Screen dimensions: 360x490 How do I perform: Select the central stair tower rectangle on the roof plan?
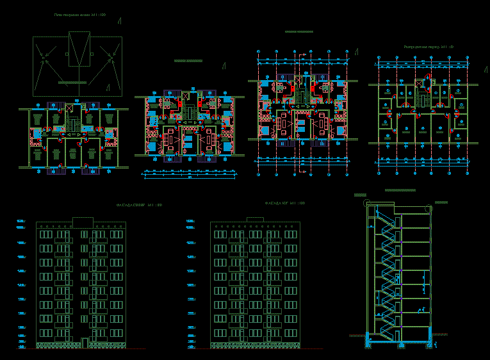(x=79, y=51)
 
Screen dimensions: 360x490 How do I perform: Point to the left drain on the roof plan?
(x=43, y=58)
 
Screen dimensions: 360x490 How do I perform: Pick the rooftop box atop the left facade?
(x=83, y=222)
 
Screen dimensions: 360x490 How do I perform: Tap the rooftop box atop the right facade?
(x=255, y=219)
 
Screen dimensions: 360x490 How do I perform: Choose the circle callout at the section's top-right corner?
(x=428, y=206)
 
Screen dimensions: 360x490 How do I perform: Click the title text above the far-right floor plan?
(x=429, y=47)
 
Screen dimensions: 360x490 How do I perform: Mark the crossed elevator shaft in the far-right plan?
(x=420, y=83)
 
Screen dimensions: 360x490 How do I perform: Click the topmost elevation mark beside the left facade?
(x=20, y=222)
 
